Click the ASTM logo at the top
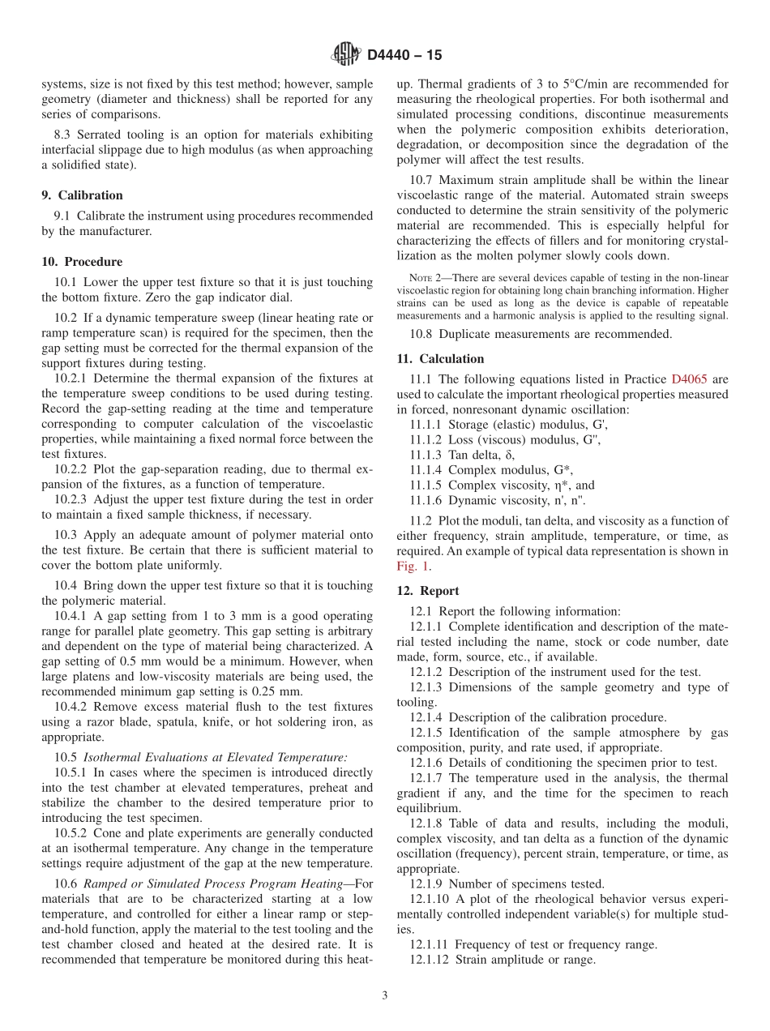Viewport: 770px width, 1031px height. tap(346, 55)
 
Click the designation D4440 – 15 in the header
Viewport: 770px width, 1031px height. tap(404, 56)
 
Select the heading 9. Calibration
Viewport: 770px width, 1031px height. tap(82, 195)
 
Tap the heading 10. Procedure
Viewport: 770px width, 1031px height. tap(82, 262)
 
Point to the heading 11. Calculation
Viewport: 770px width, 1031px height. tap(440, 359)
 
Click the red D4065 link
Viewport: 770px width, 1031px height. tap(688, 379)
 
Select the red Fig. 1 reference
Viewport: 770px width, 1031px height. tap(413, 567)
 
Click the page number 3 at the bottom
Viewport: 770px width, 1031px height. tap(385, 995)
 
